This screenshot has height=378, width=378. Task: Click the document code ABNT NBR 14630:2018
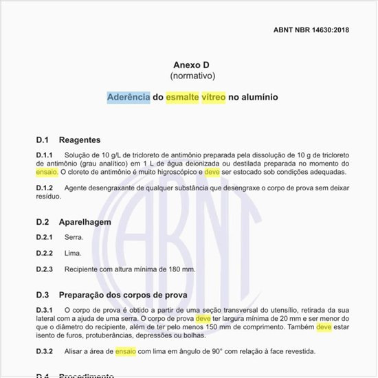(311, 31)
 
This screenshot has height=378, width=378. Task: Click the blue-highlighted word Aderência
(129, 98)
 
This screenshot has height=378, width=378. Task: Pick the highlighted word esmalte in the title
(181, 98)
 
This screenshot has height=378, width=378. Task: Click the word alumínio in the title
(258, 98)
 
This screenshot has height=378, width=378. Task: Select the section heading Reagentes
(80, 140)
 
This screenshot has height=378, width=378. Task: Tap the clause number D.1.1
(45, 155)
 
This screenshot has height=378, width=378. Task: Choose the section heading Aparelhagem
(85, 222)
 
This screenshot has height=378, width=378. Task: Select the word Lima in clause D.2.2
(73, 253)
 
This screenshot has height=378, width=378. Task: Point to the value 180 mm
(182, 269)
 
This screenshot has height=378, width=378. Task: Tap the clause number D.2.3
(45, 269)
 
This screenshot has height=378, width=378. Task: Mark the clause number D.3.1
(45, 310)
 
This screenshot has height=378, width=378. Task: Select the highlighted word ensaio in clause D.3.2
(126, 351)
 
